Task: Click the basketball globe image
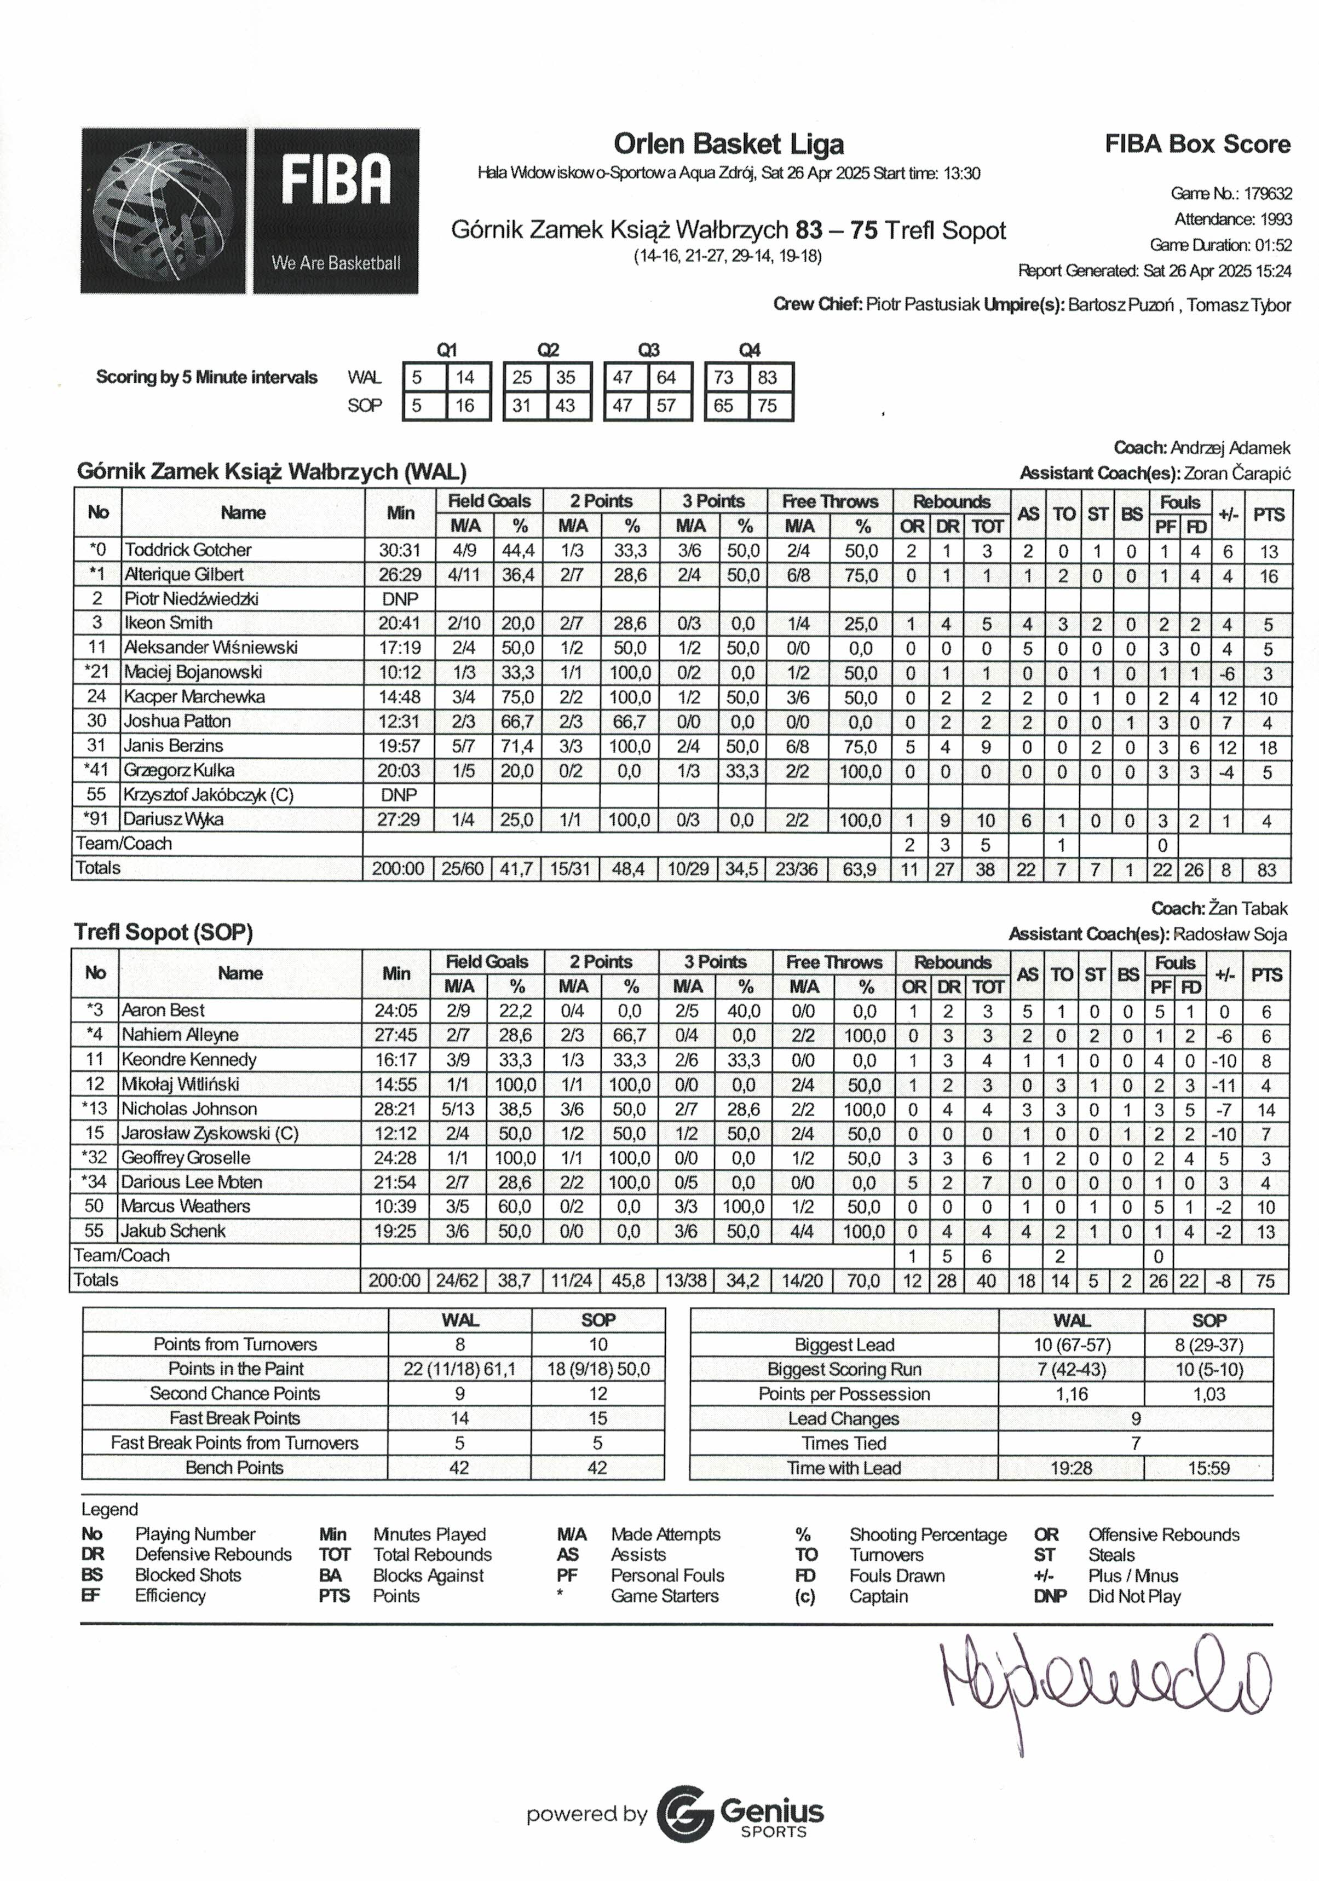(x=164, y=211)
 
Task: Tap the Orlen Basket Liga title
(x=728, y=144)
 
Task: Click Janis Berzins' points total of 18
(x=1266, y=747)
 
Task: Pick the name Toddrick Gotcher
(x=188, y=550)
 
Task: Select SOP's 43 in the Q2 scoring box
(x=565, y=406)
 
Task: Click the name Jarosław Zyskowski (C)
(x=210, y=1134)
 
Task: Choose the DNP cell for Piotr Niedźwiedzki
(x=400, y=599)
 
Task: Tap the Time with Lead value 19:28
(x=1071, y=1468)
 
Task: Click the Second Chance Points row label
(x=234, y=1394)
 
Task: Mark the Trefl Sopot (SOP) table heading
(x=163, y=932)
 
